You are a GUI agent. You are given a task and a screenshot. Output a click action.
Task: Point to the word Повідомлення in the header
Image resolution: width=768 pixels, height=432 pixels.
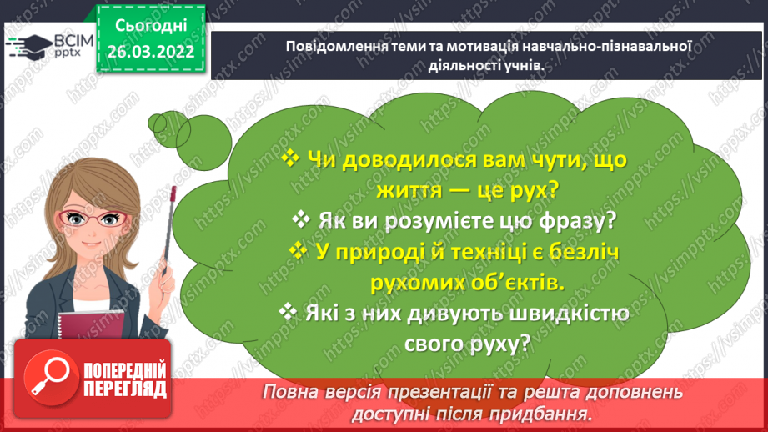(328, 47)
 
